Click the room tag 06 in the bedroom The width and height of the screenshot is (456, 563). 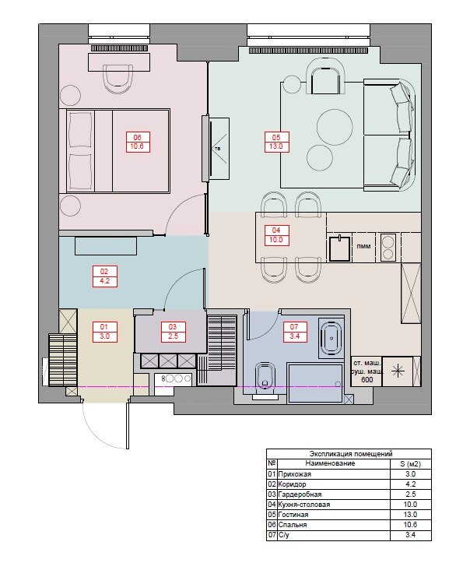(x=138, y=142)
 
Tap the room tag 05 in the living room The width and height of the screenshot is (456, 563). (x=276, y=142)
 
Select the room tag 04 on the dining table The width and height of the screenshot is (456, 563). (x=276, y=235)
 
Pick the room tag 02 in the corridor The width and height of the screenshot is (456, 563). (x=104, y=276)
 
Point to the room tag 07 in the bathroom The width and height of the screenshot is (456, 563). (x=294, y=332)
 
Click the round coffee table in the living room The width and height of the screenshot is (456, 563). (x=335, y=127)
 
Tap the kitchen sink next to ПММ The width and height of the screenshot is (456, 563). (x=339, y=248)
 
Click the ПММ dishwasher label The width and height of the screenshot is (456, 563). (x=363, y=247)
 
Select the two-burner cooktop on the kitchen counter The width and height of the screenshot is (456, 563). (x=388, y=247)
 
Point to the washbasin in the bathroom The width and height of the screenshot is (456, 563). (x=331, y=338)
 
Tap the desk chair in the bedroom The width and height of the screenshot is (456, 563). (x=118, y=79)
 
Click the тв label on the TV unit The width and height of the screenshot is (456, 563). (x=217, y=148)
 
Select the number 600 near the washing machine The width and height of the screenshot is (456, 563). (x=367, y=379)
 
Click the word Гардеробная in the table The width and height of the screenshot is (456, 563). (x=300, y=494)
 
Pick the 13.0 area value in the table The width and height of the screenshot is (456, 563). (x=410, y=515)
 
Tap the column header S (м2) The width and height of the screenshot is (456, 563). (x=410, y=464)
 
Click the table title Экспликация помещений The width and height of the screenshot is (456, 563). (x=351, y=454)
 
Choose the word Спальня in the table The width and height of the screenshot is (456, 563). (x=293, y=525)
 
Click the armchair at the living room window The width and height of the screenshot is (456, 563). (x=325, y=77)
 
